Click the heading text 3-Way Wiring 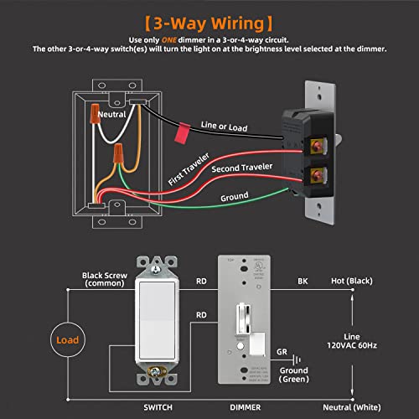[209, 19]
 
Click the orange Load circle [69, 341]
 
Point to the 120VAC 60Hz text [374, 344]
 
